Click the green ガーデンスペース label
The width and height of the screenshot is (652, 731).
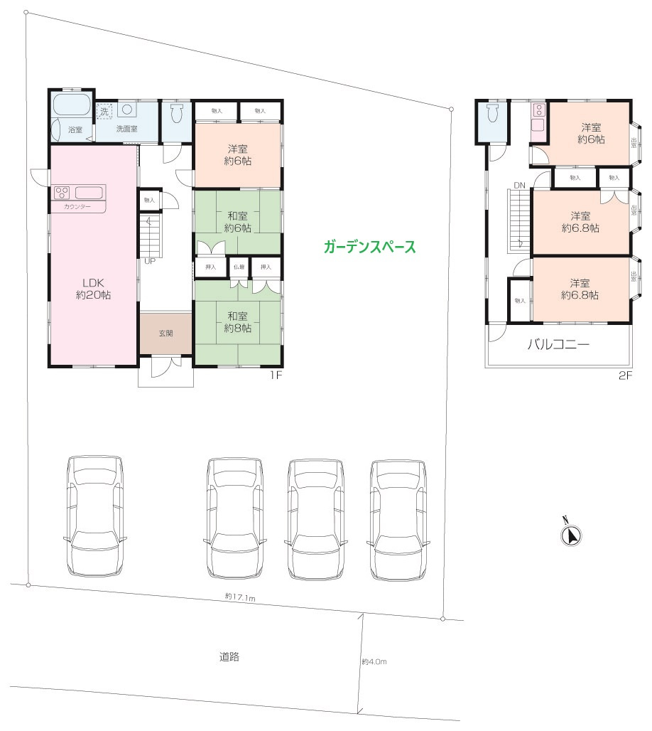click(369, 247)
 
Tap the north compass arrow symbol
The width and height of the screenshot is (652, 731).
click(571, 535)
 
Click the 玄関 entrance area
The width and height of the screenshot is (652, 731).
click(165, 333)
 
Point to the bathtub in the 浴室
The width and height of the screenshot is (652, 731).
click(71, 107)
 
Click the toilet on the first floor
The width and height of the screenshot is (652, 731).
click(177, 114)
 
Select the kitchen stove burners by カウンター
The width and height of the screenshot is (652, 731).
click(61, 192)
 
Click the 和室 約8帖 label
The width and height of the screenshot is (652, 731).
click(238, 321)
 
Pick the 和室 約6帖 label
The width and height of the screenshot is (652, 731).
click(238, 222)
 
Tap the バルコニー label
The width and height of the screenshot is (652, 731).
click(558, 346)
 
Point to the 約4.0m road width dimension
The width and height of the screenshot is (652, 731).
click(374, 661)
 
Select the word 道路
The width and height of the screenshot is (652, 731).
click(229, 657)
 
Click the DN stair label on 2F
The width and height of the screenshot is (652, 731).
click(519, 186)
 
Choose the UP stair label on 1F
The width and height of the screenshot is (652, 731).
click(149, 261)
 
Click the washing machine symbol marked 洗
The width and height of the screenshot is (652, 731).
click(104, 112)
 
